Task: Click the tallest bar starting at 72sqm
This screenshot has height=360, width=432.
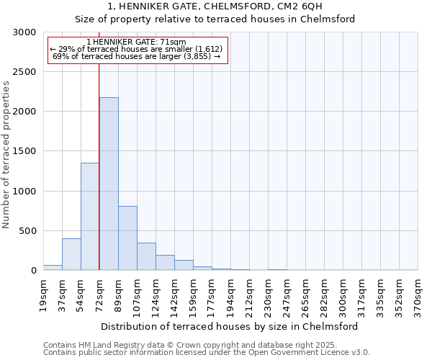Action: (x=109, y=184)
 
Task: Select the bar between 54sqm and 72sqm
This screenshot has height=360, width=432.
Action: (x=90, y=216)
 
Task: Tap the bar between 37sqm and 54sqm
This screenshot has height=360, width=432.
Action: (x=71, y=254)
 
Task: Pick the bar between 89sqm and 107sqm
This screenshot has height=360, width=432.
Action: (x=127, y=238)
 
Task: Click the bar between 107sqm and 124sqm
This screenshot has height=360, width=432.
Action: (x=146, y=256)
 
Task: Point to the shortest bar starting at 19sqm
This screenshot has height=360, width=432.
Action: (x=53, y=267)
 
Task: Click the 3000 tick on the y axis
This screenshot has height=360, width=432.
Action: (x=24, y=32)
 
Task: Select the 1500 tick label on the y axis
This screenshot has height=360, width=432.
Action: (x=24, y=152)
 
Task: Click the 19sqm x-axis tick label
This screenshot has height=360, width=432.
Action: (x=44, y=293)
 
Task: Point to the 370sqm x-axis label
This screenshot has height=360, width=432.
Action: (x=418, y=295)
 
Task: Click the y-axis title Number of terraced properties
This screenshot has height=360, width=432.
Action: (x=6, y=154)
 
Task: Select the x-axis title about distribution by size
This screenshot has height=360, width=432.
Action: (x=230, y=326)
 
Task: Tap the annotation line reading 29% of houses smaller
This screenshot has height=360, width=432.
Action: (x=137, y=48)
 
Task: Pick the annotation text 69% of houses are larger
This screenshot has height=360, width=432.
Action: (x=137, y=55)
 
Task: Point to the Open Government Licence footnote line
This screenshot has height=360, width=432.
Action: (x=207, y=352)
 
